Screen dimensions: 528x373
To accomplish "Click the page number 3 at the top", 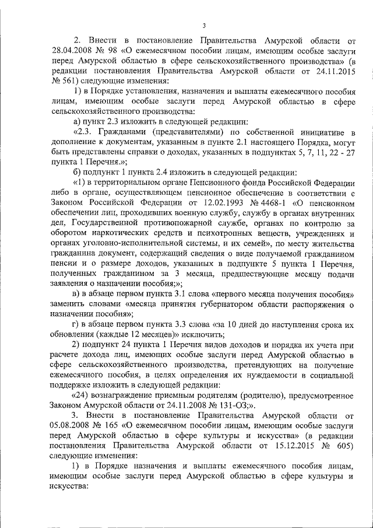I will coord(204,25).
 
